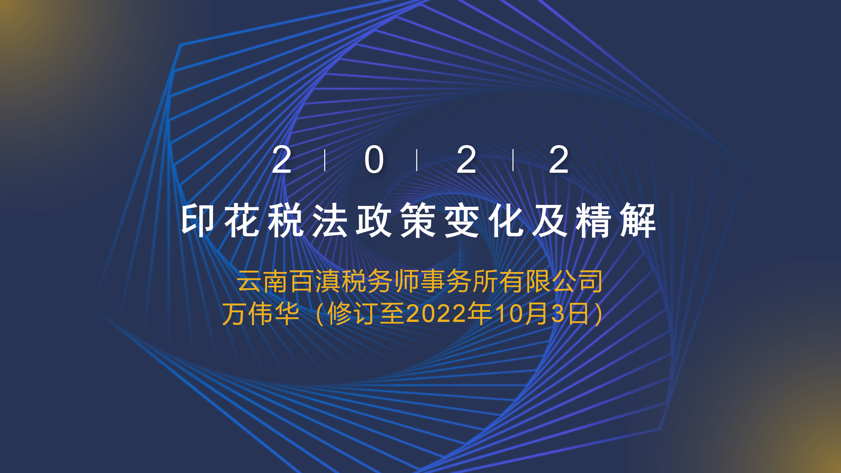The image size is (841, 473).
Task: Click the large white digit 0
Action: (374, 160)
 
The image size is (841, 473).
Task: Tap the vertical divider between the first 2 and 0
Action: (325, 160)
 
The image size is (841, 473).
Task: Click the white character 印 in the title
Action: (198, 220)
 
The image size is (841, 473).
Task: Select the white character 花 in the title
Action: (242, 220)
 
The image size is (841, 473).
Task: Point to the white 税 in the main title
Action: (286, 220)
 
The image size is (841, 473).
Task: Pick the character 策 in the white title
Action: (418, 220)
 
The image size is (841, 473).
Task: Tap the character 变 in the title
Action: (462, 220)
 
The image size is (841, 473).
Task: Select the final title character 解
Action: (638, 220)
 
